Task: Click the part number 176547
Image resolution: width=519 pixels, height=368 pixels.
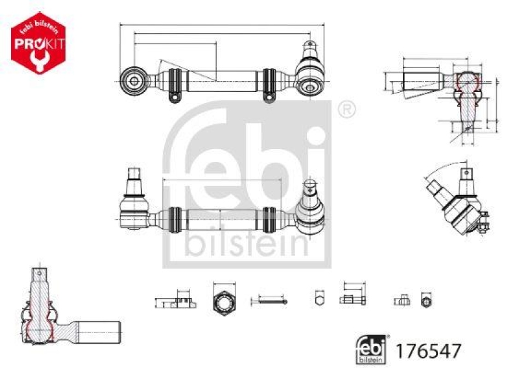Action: [433, 351]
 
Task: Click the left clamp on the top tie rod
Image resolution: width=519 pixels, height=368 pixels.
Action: [174, 83]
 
